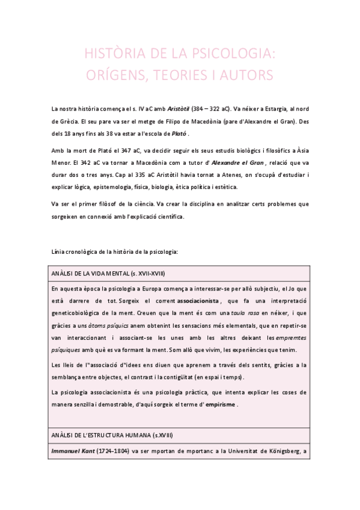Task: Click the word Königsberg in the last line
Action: pos(284,450)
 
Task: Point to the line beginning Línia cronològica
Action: pos(115,250)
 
